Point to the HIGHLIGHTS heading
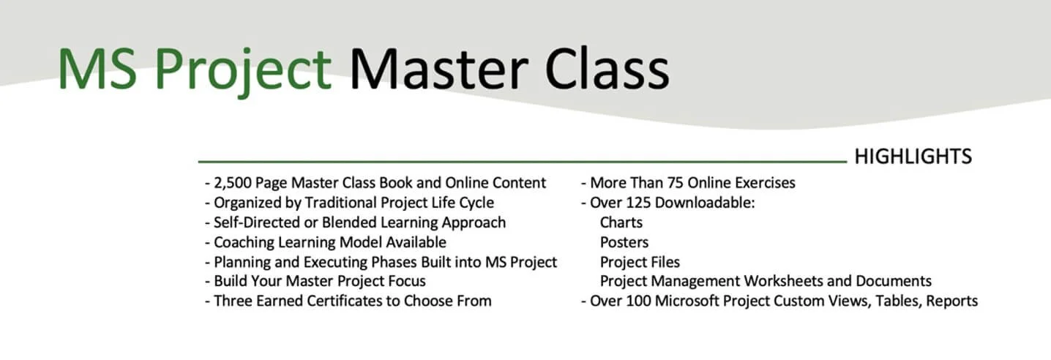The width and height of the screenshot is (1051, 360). coord(913,157)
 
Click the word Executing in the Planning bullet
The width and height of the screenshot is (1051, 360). coord(338,261)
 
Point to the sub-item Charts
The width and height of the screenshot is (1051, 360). coord(621,222)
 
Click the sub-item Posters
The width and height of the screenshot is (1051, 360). coord(624,241)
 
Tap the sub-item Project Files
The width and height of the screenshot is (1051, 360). coord(640,261)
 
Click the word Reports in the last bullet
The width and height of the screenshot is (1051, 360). coord(949,301)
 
